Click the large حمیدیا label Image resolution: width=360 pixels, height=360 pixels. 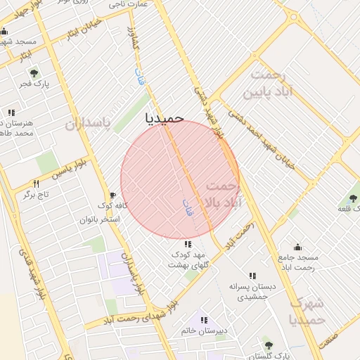[165, 118]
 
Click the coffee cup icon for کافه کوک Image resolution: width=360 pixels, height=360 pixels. [112, 195]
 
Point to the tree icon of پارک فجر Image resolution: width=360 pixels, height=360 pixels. [33, 72]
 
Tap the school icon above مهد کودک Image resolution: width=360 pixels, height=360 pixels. [186, 243]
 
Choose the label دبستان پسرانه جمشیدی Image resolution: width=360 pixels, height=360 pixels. [252, 292]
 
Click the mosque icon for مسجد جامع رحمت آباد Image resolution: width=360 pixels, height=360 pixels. [297, 247]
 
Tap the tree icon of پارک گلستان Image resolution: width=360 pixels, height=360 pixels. [268, 344]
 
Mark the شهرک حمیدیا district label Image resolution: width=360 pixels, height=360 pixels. [309, 311]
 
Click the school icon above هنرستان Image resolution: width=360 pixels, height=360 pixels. [11, 112]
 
